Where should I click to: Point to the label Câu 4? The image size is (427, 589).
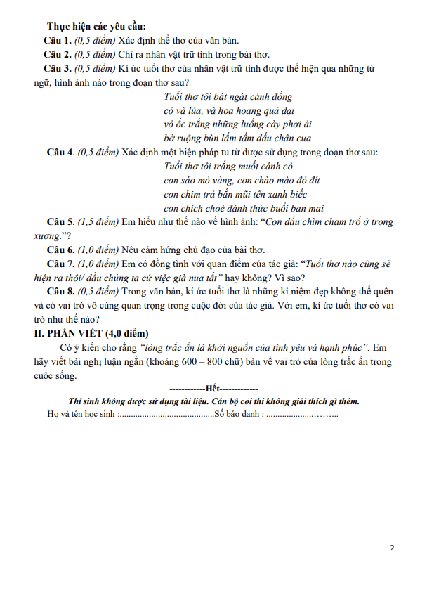[x=61, y=152]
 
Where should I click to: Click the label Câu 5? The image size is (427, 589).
[x=61, y=222]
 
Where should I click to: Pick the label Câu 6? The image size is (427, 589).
[x=61, y=250]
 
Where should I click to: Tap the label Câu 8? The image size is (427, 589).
[x=61, y=292]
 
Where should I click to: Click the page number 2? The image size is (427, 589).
[x=392, y=548]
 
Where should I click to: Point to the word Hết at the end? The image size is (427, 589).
[x=213, y=389]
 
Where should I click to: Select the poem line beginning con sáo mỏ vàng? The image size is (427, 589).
[x=229, y=180]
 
